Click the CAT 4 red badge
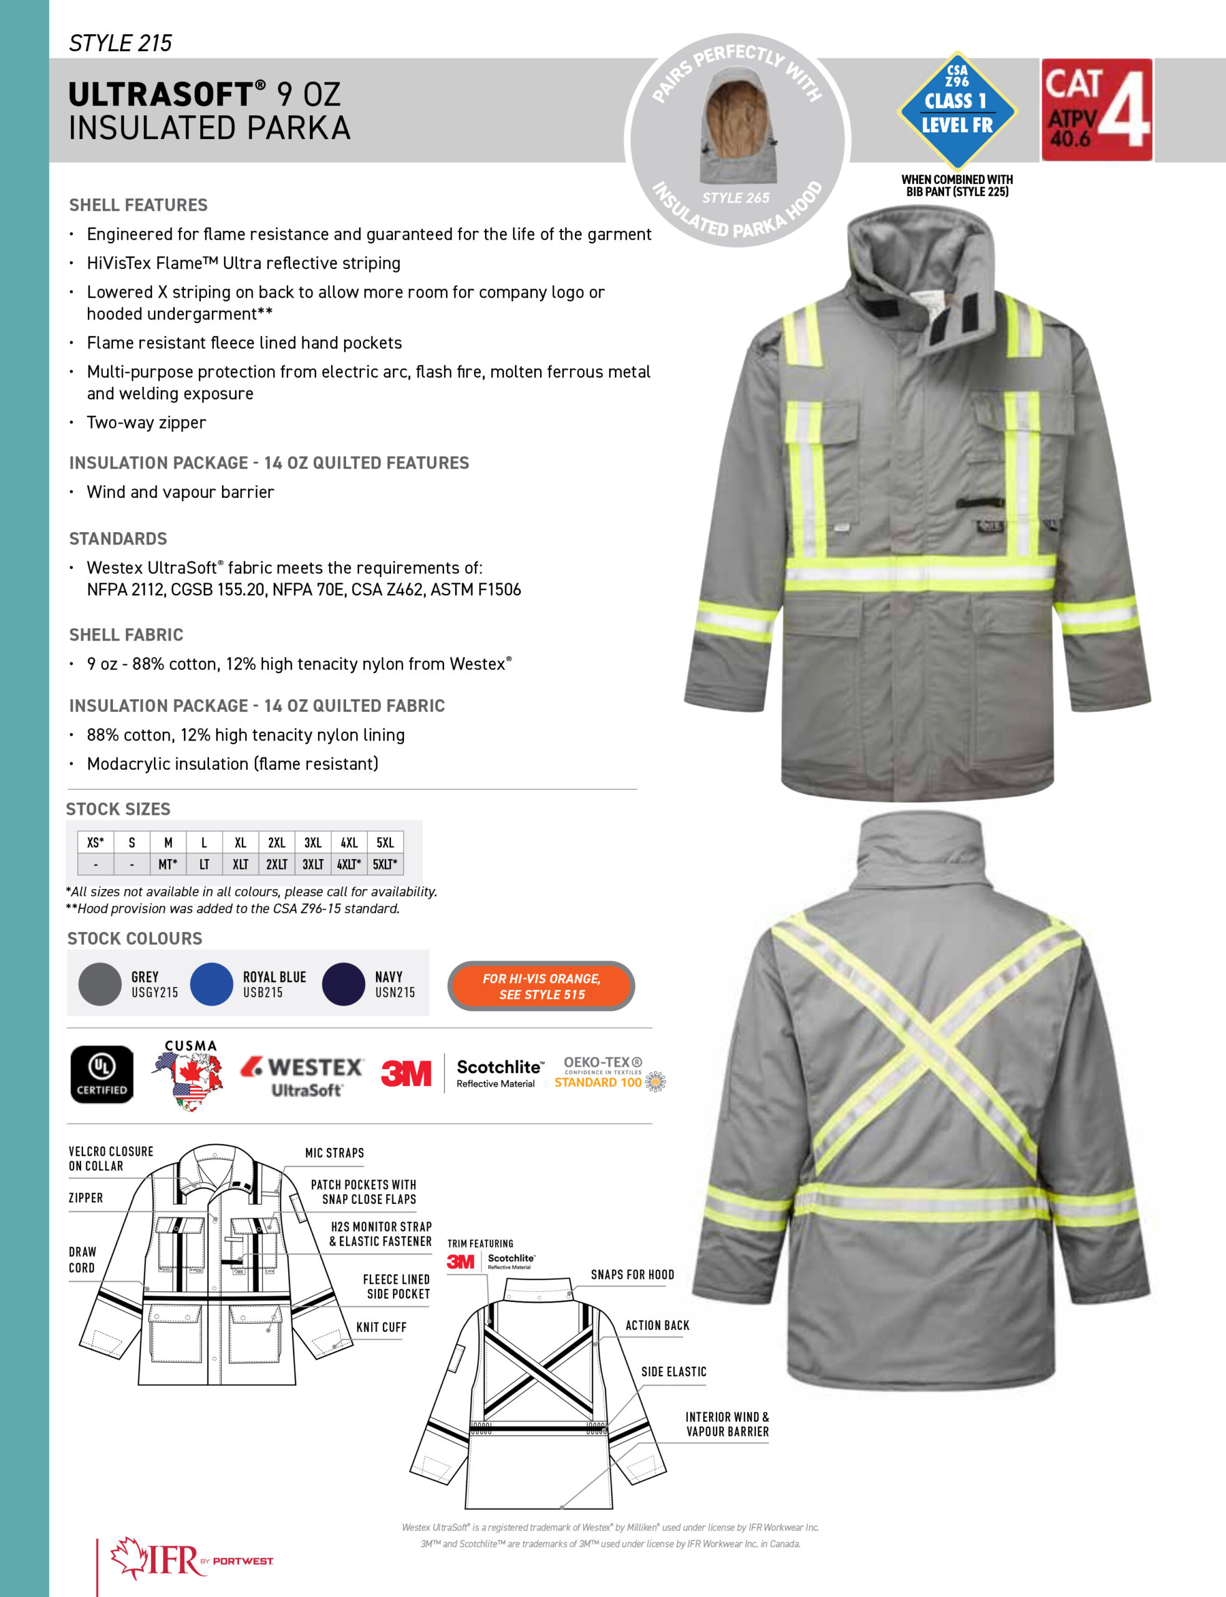tap(1096, 110)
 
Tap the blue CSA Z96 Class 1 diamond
tap(957, 111)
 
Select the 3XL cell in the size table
tap(313, 842)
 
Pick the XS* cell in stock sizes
tap(95, 842)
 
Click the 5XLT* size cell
tap(385, 864)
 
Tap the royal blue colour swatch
tap(211, 984)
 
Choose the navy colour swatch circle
tap(343, 984)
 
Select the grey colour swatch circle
tap(100, 984)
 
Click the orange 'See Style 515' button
tap(541, 986)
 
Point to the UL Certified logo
tap(102, 1074)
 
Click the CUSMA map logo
tap(189, 1076)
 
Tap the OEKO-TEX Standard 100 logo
tap(608, 1074)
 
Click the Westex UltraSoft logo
tap(302, 1076)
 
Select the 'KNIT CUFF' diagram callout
tap(381, 1327)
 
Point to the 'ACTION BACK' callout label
tap(657, 1325)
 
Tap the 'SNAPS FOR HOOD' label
tap(632, 1274)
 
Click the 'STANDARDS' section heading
tap(118, 538)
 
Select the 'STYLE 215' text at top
tap(120, 43)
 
